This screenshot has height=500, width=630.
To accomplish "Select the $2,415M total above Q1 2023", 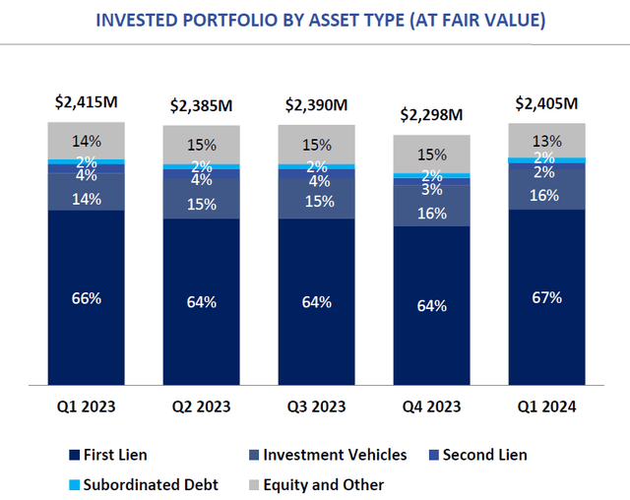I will (86, 101).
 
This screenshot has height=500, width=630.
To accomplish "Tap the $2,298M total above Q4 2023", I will (431, 115).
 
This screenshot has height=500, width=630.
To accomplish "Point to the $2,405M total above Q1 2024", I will (546, 101).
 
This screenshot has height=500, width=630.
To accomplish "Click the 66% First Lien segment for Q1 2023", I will (87, 297).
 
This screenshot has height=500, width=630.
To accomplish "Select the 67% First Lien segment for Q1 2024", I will (546, 297).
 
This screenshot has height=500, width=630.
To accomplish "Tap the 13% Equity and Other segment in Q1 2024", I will (546, 140).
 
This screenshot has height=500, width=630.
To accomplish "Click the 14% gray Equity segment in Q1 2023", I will (87, 140).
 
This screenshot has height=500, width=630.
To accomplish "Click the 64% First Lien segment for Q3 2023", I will (316, 302).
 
